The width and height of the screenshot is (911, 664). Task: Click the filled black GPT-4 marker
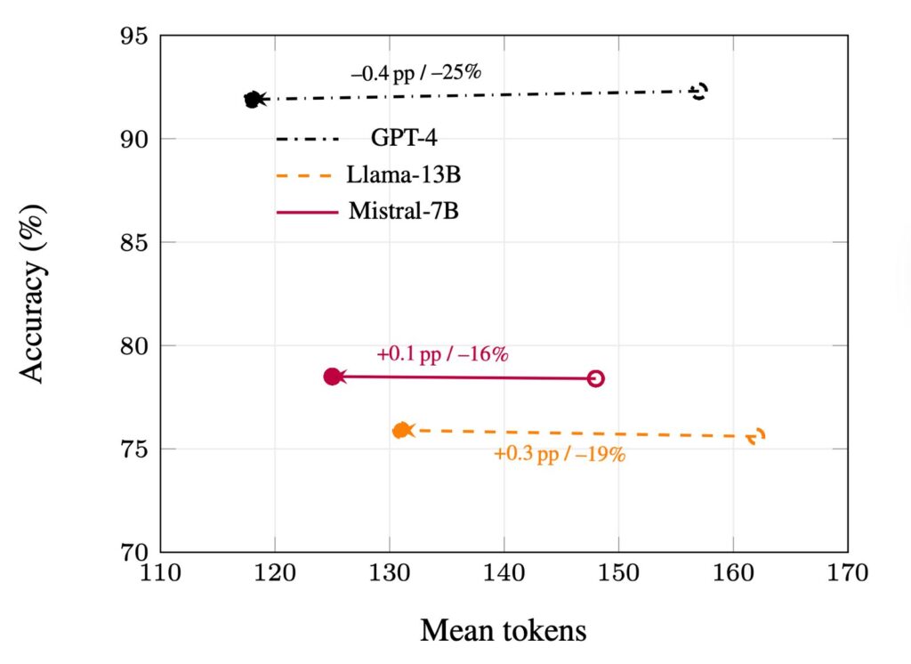(253, 100)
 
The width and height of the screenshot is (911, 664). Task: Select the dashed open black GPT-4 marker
(699, 91)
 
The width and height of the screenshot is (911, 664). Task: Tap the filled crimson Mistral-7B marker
(332, 377)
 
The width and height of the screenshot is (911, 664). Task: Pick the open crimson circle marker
(596, 378)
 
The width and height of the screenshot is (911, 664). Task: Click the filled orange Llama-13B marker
(401, 431)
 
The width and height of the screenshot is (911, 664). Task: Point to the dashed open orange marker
(757, 436)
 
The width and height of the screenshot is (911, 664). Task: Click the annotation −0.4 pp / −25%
(415, 72)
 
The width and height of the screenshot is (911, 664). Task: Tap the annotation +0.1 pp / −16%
(442, 353)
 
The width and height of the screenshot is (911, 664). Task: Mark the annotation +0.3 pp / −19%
(560, 454)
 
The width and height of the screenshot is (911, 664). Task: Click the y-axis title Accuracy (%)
(33, 293)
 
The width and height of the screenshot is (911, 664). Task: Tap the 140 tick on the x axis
(504, 571)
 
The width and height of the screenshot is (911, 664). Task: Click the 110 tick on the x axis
(160, 571)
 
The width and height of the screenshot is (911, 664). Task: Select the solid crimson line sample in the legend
(307, 212)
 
